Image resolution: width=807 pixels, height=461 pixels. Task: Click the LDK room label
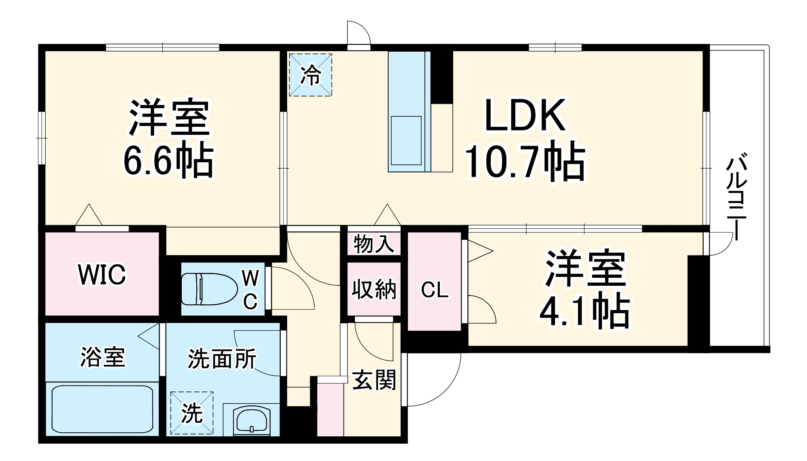click(525, 115)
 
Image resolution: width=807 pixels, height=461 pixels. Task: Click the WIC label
click(102, 274)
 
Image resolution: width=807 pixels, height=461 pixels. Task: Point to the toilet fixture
click(208, 289)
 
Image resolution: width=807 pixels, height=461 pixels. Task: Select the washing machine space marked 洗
click(191, 413)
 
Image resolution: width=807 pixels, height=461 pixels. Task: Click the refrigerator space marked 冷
click(310, 75)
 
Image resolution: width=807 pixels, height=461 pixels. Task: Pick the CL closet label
click(435, 290)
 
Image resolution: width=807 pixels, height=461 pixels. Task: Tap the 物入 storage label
click(374, 244)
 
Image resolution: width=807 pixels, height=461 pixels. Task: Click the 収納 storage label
click(374, 289)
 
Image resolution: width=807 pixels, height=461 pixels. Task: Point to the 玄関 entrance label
click(374, 380)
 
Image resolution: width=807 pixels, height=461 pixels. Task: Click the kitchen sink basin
click(406, 140)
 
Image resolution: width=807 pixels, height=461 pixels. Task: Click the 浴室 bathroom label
click(103, 357)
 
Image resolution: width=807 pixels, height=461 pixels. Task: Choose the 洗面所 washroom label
click(222, 358)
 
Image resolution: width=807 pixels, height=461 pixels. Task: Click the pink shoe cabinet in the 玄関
click(330, 409)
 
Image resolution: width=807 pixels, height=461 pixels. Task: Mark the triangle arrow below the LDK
click(387, 215)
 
